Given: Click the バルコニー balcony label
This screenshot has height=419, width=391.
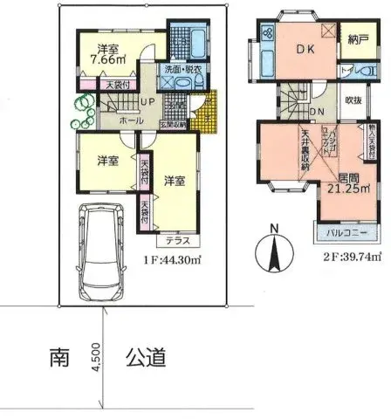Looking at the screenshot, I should click(x=346, y=233).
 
